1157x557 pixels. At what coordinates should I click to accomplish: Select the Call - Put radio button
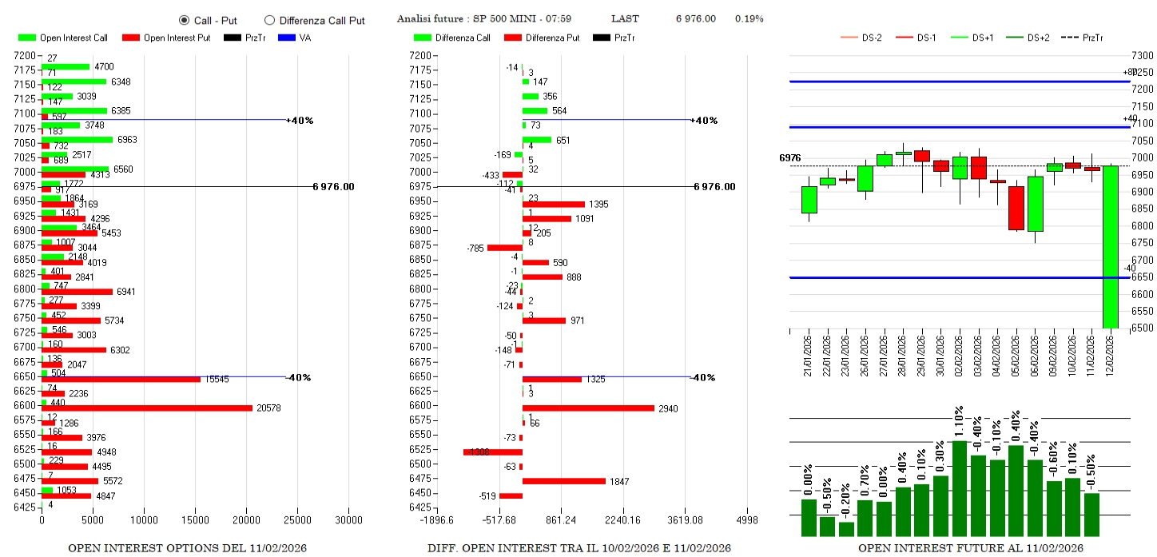(184, 20)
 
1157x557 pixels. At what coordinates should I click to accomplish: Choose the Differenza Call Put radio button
(269, 20)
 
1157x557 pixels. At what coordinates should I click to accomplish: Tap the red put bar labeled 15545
(121, 379)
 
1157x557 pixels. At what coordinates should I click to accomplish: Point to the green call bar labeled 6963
(77, 139)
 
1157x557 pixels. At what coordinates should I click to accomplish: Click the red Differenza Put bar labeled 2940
(588, 408)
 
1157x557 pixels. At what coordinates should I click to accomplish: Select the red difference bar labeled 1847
(564, 480)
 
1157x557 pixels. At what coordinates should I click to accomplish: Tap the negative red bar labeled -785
(505, 248)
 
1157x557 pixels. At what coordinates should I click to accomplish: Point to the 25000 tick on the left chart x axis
(297, 520)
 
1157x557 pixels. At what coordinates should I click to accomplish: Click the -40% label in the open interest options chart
(299, 377)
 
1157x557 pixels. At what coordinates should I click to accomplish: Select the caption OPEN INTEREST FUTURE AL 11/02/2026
(970, 548)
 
